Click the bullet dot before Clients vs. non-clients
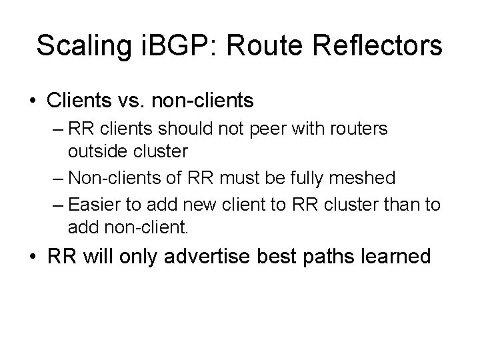33,101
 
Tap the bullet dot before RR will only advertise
33,257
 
